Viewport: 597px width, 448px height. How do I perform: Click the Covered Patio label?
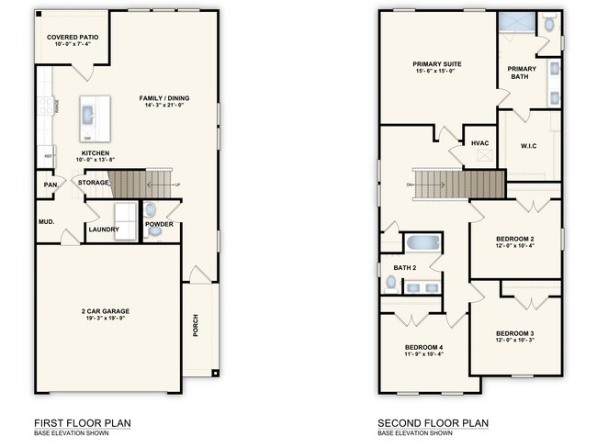[x=65, y=37]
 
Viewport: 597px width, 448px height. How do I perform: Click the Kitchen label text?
[x=96, y=153]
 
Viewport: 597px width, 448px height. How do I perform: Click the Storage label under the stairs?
[x=93, y=183]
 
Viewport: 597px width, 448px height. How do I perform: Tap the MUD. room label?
[x=46, y=221]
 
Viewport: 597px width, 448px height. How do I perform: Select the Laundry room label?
[x=103, y=229]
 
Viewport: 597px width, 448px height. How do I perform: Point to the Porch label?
[x=196, y=326]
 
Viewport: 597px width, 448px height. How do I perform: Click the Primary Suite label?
[x=436, y=64]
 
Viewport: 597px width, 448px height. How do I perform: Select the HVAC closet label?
[x=479, y=143]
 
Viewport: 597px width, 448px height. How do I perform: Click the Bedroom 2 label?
[x=514, y=239]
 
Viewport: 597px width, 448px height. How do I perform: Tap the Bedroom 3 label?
[x=514, y=332]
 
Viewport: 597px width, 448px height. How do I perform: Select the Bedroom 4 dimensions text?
[x=423, y=353]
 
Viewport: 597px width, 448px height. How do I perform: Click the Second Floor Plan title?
[x=433, y=423]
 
